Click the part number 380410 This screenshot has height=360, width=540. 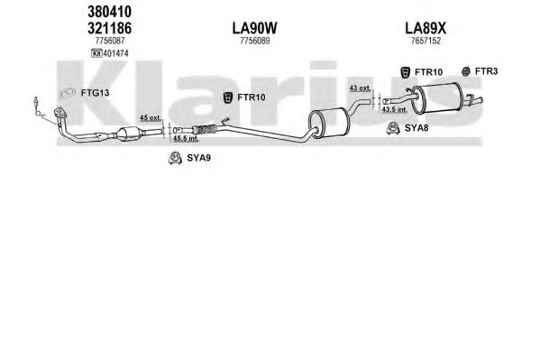(109, 12)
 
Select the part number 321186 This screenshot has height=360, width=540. (109, 28)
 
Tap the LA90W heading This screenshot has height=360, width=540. (254, 28)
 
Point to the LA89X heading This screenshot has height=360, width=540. (426, 28)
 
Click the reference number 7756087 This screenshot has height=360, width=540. (110, 41)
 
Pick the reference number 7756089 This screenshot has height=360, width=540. (255, 41)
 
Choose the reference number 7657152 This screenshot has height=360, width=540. (426, 41)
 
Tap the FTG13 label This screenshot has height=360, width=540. (95, 93)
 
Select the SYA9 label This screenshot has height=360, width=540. (198, 158)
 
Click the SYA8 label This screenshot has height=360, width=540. (416, 128)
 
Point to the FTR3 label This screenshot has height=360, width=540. (486, 71)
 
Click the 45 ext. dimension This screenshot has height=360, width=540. (151, 118)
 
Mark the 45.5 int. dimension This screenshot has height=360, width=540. (186, 139)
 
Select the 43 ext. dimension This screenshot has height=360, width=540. (361, 88)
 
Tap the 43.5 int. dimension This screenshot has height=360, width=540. (395, 110)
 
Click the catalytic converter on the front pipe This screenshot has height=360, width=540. (128, 134)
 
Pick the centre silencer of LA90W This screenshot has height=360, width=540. (328, 122)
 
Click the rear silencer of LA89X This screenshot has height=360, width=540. (437, 98)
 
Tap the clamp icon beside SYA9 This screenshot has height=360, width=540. (175, 158)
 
